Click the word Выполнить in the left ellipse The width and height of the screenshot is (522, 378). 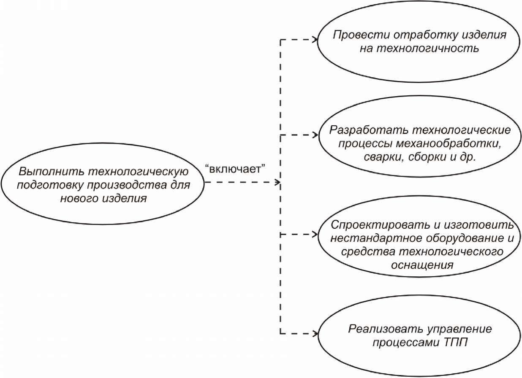coord(51,172)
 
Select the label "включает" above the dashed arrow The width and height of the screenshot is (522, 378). coord(235,168)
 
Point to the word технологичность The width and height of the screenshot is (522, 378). coord(428,49)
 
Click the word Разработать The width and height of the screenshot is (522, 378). coord(369,130)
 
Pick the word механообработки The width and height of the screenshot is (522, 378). coord(449,143)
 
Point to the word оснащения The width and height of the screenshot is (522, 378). coord(422,265)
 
